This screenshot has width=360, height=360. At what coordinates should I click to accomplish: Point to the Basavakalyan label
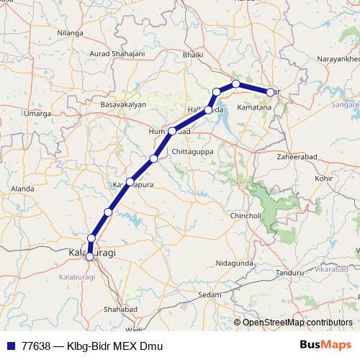(x=123, y=104)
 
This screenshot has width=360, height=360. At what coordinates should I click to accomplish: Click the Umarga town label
(x=37, y=113)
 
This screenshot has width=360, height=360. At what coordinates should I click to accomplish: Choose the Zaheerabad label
(x=297, y=156)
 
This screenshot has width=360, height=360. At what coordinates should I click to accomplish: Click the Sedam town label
(x=210, y=295)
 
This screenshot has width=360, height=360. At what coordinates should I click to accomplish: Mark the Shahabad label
(x=120, y=309)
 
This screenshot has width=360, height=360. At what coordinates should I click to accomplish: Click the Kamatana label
(x=254, y=107)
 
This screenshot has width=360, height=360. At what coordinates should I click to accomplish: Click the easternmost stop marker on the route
(x=271, y=92)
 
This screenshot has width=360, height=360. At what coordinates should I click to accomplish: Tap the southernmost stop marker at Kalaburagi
(x=90, y=255)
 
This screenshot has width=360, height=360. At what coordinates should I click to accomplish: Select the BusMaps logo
(x=322, y=345)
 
